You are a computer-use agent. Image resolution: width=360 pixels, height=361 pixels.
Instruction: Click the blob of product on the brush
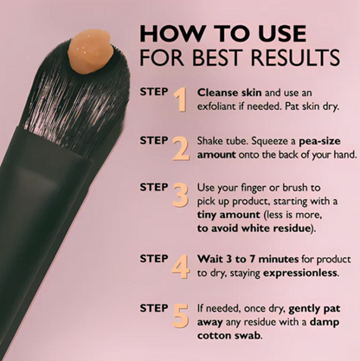89,52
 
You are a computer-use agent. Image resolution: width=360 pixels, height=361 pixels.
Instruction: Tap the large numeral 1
181,100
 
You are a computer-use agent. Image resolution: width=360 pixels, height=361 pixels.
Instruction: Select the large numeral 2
181,148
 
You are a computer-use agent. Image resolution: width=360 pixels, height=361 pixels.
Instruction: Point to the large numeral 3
181,195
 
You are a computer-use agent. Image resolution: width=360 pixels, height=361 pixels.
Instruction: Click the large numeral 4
181,267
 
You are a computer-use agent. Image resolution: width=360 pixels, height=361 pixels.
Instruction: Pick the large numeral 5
181,315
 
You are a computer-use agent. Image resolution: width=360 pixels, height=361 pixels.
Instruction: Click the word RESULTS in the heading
295,57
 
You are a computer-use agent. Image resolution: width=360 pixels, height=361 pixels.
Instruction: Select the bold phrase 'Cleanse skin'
229,93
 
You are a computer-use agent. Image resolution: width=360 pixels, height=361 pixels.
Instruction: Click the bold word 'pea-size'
319,141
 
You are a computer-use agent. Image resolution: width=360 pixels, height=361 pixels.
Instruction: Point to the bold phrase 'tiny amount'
228,215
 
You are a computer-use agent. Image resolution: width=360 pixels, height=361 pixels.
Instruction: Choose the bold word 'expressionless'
300,273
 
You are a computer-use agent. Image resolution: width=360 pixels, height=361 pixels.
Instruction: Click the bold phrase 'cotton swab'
229,336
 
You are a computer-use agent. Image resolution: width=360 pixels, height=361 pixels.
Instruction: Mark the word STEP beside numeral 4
154,259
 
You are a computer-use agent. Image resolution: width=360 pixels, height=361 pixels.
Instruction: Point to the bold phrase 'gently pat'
314,309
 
